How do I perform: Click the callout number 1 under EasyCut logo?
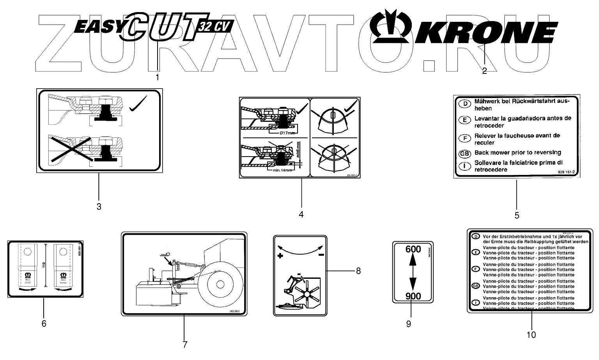coord(157,77)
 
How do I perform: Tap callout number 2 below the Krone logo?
coord(484,71)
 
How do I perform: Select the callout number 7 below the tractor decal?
coord(185,344)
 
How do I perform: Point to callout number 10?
coord(531,335)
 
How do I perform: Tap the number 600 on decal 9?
coord(413,249)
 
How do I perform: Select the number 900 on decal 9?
coord(413,296)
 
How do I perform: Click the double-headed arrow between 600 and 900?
coord(413,273)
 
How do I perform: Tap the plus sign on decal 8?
coord(280,256)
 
